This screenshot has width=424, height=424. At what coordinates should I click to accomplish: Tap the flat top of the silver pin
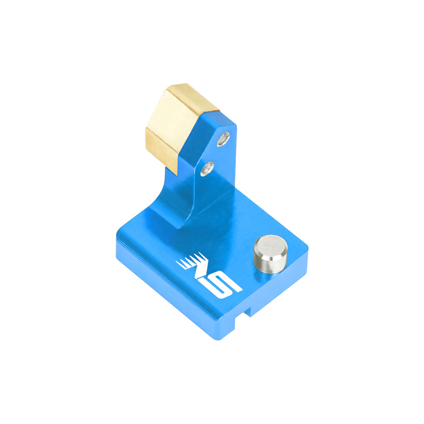pyautogui.click(x=270, y=246)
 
